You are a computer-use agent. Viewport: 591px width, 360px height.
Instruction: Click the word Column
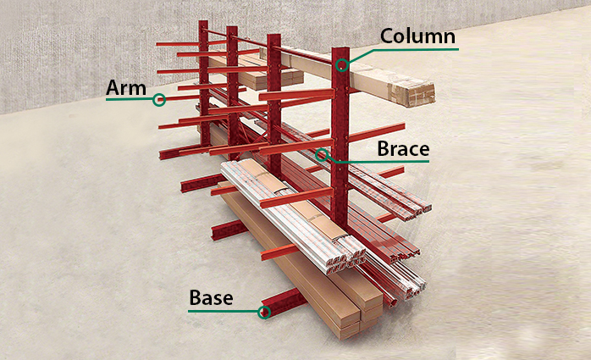(x=417, y=36)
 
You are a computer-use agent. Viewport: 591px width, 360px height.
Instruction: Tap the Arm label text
(x=126, y=87)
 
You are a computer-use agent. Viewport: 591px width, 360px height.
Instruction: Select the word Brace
(x=403, y=148)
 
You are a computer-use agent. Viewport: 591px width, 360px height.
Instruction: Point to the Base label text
(x=211, y=298)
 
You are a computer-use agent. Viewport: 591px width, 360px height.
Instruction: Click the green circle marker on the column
(x=341, y=65)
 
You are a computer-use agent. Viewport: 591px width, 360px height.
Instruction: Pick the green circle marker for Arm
(x=159, y=99)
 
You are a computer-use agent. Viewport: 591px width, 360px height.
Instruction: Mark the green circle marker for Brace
(x=322, y=154)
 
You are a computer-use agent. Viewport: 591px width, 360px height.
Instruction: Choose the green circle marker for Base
(x=264, y=312)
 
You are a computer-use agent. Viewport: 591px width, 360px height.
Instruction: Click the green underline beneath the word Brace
(x=389, y=161)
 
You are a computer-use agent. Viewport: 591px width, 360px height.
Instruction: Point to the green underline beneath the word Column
(x=415, y=49)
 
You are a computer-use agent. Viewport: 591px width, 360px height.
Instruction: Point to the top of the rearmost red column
(x=203, y=24)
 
